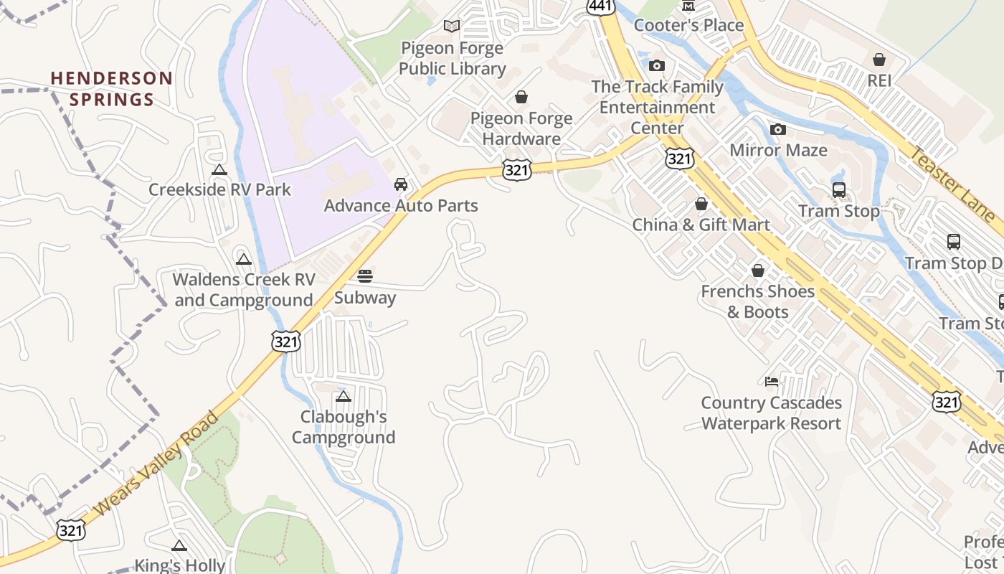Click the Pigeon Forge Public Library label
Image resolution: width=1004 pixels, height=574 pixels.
tap(452, 59)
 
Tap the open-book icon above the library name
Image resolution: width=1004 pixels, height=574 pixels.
tap(452, 27)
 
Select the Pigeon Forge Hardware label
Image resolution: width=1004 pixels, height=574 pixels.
tap(521, 128)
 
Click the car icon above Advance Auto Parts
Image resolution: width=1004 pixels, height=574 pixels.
tap(401, 184)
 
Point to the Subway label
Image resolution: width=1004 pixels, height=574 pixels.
tap(365, 298)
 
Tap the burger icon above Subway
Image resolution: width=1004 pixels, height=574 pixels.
tap(365, 276)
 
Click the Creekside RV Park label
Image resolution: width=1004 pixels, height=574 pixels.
tap(219, 190)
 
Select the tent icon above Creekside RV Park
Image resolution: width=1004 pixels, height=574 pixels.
tap(219, 170)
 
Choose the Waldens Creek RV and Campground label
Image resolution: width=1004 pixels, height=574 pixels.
tap(244, 290)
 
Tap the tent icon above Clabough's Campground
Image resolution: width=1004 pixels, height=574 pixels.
tap(344, 396)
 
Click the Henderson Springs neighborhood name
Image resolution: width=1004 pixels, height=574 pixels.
tap(112, 89)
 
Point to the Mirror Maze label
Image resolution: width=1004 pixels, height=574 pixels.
tap(778, 151)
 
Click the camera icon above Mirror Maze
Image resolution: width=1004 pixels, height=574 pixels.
tap(778, 130)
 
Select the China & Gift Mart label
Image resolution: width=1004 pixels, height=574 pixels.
tap(701, 225)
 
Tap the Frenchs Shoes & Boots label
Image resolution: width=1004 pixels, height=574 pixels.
tap(758, 301)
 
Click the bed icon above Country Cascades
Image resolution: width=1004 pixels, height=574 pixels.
tap(772, 381)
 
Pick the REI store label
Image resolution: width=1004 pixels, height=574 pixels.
tap(879, 81)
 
